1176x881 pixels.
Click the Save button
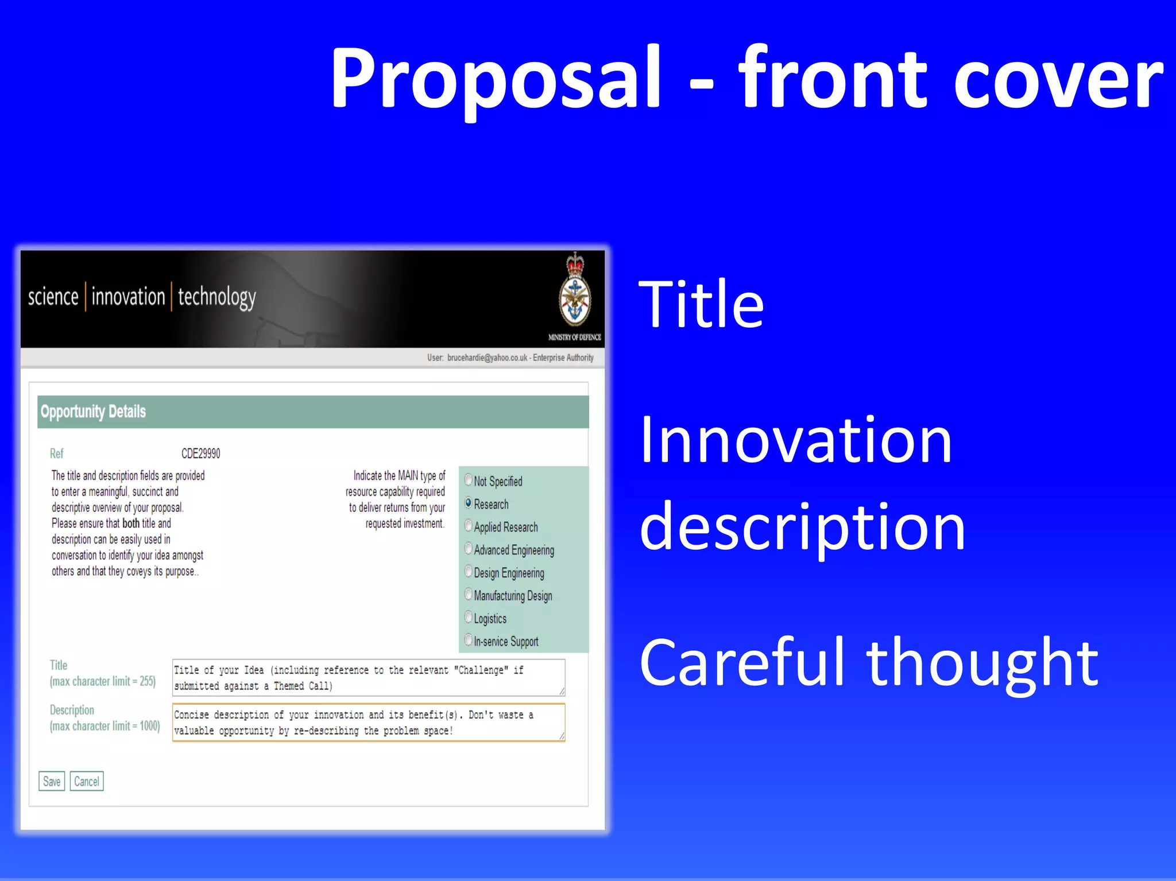52,781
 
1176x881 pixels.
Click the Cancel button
87,781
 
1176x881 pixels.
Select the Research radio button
469,503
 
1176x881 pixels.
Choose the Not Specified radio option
469,480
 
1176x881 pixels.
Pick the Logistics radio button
469,618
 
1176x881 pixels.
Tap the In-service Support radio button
469,640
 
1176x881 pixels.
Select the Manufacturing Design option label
513,596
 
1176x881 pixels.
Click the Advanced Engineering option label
514,550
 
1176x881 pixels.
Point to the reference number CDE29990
200,453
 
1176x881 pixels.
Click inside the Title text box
368,678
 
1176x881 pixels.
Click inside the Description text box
368,723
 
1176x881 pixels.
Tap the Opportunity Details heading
93,412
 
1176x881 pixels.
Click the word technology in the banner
216,297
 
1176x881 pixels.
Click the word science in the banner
53,297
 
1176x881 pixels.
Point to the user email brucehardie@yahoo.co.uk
487,358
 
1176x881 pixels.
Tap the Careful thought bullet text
868,663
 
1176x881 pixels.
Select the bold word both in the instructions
131,523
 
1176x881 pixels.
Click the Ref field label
56,453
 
